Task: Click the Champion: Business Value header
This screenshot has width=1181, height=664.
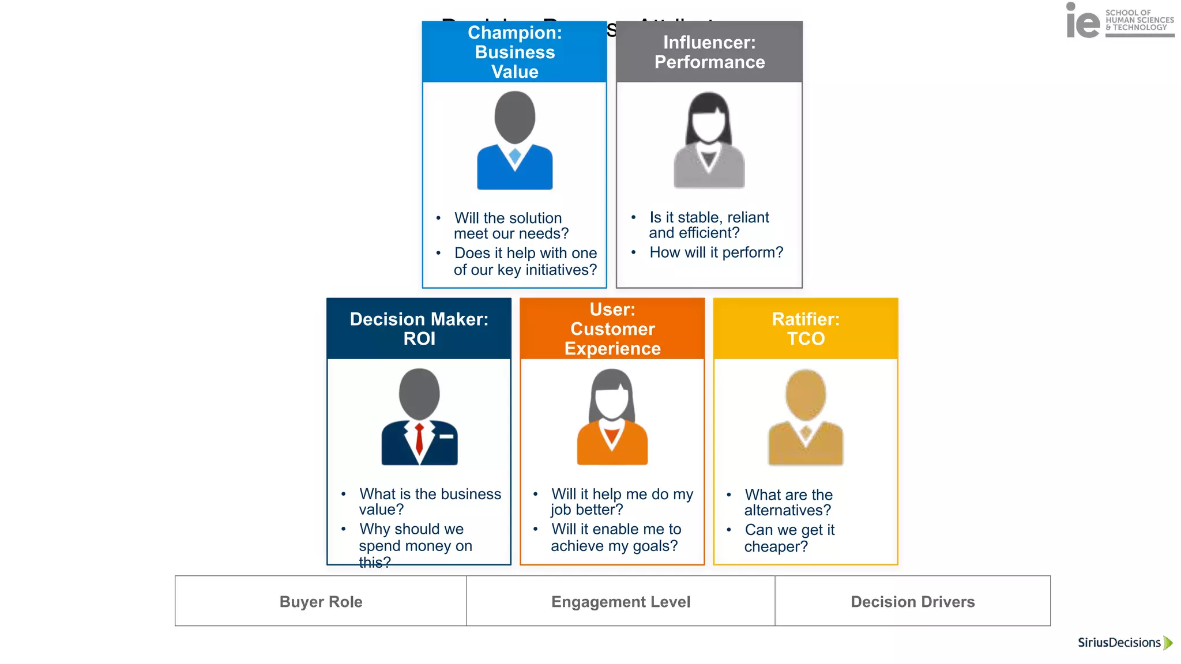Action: [514, 52]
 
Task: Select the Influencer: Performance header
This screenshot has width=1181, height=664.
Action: [709, 52]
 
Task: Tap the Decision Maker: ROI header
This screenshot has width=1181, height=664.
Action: [419, 329]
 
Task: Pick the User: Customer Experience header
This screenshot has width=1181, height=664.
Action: [612, 329]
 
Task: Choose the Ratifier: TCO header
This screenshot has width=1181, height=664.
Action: [806, 329]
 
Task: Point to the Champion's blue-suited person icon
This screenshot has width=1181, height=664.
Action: [514, 141]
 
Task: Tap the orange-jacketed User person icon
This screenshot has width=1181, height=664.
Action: [612, 417]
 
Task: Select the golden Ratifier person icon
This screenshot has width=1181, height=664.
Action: [806, 418]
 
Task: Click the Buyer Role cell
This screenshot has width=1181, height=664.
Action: [321, 601]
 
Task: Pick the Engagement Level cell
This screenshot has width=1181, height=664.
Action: [620, 601]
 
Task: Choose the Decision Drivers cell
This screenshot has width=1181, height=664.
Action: [913, 601]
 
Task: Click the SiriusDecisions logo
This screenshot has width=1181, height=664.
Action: [1119, 643]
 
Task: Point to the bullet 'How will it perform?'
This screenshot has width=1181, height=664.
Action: [716, 252]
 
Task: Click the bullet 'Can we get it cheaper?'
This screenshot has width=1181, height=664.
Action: [789, 538]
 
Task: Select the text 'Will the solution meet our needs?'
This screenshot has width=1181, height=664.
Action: [511, 225]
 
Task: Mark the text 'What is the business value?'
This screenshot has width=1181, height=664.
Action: [430, 501]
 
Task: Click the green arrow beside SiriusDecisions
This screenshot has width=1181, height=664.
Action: [1168, 643]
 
